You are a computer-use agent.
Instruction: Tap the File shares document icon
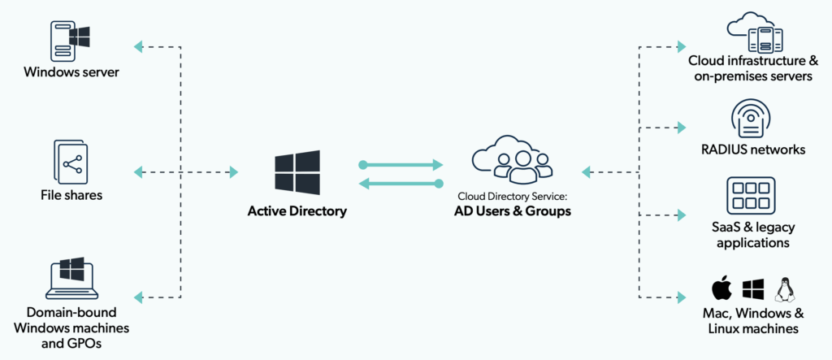(x=71, y=162)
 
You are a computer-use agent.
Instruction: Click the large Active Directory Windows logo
(x=297, y=171)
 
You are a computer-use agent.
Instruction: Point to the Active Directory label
(x=297, y=211)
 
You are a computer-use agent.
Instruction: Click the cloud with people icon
(x=512, y=159)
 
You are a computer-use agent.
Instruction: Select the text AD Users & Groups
(x=512, y=212)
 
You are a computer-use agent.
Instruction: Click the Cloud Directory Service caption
(x=512, y=196)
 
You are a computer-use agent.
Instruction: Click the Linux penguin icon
(x=784, y=288)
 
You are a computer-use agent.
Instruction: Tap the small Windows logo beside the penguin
(x=753, y=288)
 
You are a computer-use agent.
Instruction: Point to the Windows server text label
(x=71, y=73)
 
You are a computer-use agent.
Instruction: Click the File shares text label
(x=71, y=195)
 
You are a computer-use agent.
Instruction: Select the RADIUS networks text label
(x=753, y=150)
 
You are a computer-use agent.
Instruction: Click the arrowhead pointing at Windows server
(x=139, y=46)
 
